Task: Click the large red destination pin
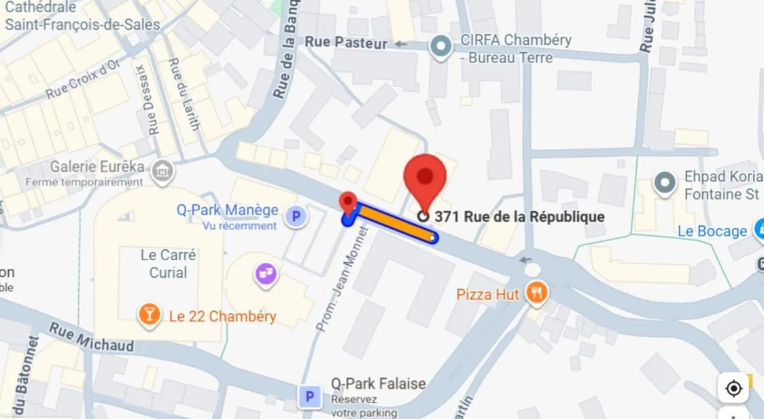click(x=425, y=179)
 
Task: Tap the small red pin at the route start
click(x=348, y=203)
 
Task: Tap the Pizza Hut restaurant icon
click(x=537, y=293)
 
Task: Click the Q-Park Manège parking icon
click(x=296, y=217)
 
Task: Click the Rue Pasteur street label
click(x=346, y=43)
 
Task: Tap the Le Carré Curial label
click(x=168, y=264)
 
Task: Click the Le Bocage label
click(x=712, y=232)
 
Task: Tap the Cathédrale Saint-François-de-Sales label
click(x=82, y=17)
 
